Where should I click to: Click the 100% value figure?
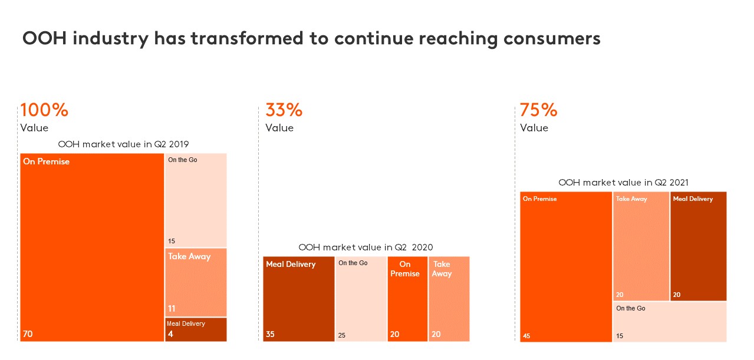tap(44, 110)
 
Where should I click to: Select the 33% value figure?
tap(284, 110)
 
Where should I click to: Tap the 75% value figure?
tap(538, 110)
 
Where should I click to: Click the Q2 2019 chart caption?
tap(123, 144)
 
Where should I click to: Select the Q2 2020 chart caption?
tap(366, 247)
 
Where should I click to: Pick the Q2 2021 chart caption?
tap(623, 183)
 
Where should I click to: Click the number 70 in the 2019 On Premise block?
tap(28, 334)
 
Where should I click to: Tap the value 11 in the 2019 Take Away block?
tap(172, 308)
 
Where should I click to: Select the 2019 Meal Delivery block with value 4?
tap(196, 329)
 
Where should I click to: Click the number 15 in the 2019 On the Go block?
tap(172, 241)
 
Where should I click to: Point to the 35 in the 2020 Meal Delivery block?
tap(270, 334)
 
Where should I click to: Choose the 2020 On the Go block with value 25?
tap(361, 299)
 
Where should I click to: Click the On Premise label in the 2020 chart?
tap(405, 269)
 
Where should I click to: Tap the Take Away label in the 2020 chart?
tap(442, 269)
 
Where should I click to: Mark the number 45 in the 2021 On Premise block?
tap(526, 336)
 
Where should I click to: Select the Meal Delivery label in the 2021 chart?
tap(693, 199)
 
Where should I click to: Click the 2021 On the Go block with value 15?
tap(670, 321)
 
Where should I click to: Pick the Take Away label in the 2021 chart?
tap(631, 199)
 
